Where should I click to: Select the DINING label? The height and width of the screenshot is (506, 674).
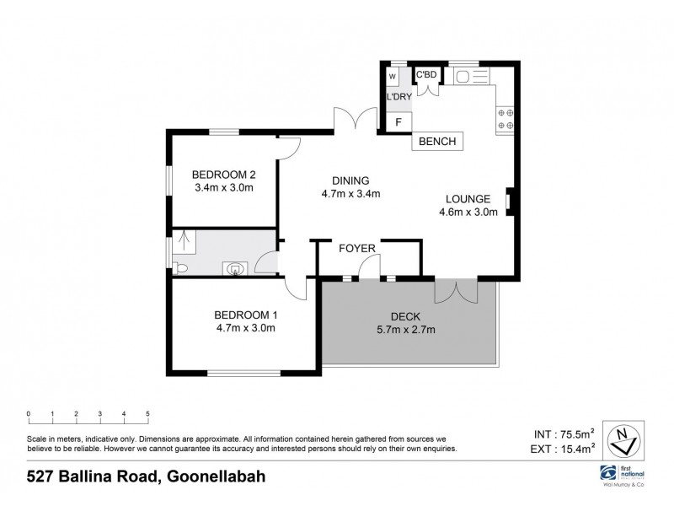click(x=351, y=180)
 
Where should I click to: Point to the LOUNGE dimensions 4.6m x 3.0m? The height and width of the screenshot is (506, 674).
click(x=468, y=213)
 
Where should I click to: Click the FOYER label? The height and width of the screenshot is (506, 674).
click(x=356, y=249)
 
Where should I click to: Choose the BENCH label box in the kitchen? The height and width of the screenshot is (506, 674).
click(x=438, y=142)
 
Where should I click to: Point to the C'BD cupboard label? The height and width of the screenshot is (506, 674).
click(x=427, y=75)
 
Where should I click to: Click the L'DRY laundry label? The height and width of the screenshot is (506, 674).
click(x=399, y=98)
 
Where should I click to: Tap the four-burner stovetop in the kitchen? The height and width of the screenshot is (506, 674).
click(x=505, y=119)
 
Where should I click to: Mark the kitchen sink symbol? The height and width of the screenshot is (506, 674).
click(x=470, y=77)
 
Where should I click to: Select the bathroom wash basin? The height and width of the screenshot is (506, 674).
click(x=235, y=269)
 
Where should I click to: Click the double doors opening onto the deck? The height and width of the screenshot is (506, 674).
click(x=456, y=291)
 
